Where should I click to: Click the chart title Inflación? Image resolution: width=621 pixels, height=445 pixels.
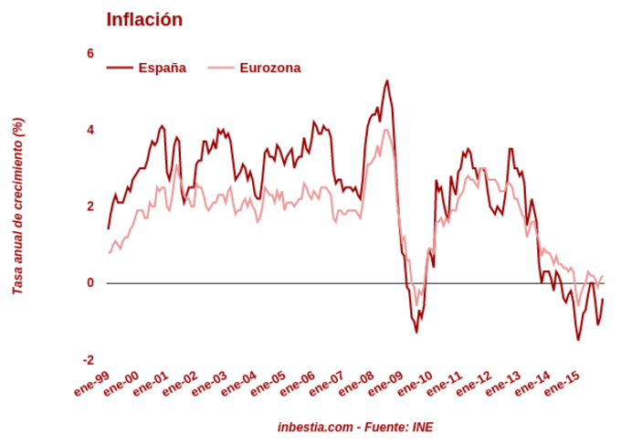[144, 19]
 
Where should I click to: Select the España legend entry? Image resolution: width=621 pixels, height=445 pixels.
[162, 68]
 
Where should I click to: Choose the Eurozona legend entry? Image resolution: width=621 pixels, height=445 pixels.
[269, 68]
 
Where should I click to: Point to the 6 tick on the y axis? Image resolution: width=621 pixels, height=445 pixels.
[90, 53]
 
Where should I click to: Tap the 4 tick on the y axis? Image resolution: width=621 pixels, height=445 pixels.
[90, 130]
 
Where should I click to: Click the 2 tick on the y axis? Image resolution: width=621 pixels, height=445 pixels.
[90, 207]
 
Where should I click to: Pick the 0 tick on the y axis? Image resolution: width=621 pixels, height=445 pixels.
[90, 283]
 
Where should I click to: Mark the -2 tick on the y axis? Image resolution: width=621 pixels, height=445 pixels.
[89, 360]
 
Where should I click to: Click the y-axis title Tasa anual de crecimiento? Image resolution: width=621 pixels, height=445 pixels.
[17, 206]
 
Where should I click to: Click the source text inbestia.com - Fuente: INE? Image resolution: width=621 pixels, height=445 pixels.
[355, 427]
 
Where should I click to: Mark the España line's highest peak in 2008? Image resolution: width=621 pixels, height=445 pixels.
[387, 80]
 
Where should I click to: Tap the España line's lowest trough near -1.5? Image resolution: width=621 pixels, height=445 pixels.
[578, 340]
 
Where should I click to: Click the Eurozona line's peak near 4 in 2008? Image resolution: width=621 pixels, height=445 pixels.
[386, 129]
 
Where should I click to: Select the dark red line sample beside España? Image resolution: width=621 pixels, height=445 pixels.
[120, 68]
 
